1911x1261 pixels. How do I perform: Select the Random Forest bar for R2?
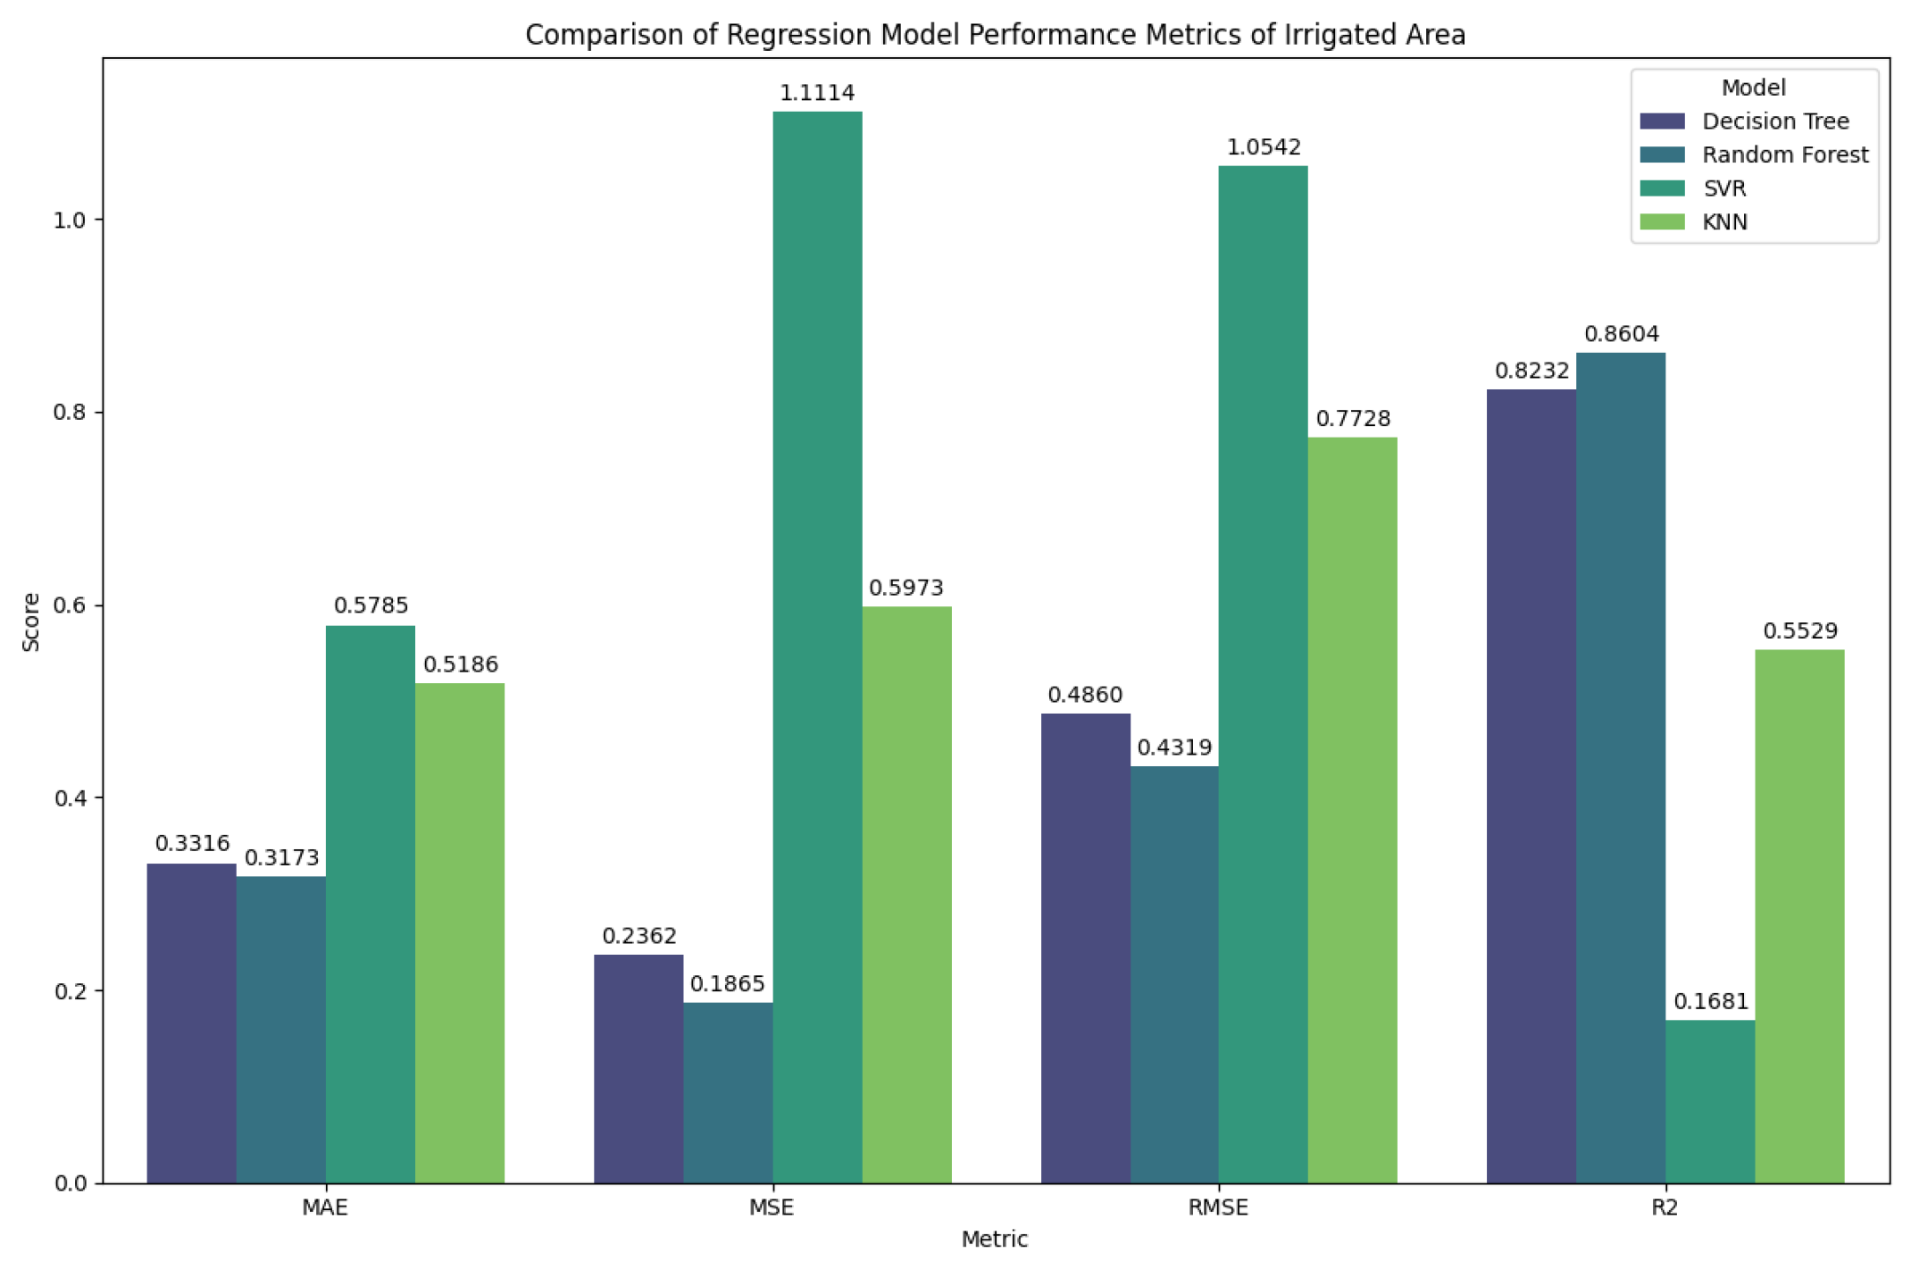(1620, 768)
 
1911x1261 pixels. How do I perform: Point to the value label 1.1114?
(817, 93)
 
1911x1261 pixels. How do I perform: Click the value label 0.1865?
(728, 983)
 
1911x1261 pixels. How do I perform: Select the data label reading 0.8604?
(1621, 334)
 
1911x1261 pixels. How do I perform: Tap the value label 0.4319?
(1174, 747)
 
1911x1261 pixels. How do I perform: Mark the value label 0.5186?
(460, 664)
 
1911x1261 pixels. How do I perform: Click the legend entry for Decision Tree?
(1775, 121)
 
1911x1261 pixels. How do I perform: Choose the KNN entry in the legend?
(1724, 222)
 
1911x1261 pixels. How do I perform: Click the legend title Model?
(1753, 88)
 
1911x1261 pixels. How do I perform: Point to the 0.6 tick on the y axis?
(71, 605)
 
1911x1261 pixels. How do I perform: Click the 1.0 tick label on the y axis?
(71, 221)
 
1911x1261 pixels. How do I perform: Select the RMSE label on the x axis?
(1218, 1208)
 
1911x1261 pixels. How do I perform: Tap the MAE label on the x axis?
(325, 1208)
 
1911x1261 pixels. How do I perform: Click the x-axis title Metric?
(994, 1240)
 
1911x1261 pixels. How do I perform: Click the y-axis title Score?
(31, 622)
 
